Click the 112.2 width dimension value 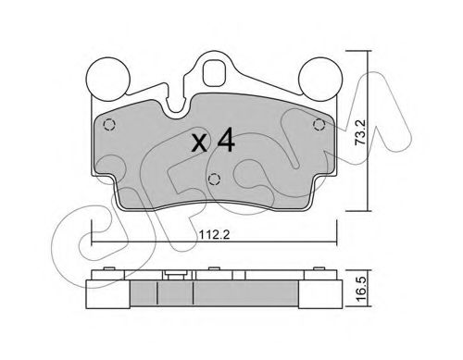coord(214,235)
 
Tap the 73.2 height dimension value coord(360,132)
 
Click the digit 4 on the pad coord(226,141)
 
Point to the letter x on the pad coord(199,143)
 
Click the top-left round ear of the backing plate coord(107,79)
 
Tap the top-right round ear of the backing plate coord(320,79)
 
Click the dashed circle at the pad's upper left coord(109,125)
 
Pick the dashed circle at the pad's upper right coord(319,125)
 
